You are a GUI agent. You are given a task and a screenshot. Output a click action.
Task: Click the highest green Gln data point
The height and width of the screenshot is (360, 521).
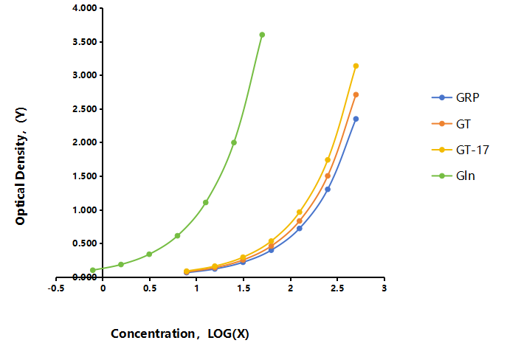262,35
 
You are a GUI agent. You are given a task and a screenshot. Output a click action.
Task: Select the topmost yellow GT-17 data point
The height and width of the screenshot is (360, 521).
356,66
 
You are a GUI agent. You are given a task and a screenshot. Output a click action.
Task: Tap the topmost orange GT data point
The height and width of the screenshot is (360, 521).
356,94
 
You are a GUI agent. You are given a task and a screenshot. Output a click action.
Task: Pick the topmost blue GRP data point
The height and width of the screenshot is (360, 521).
356,119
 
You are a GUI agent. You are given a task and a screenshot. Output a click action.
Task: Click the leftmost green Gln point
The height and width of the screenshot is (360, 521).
93,270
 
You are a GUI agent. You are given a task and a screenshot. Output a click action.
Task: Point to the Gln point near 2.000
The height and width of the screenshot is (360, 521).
234,142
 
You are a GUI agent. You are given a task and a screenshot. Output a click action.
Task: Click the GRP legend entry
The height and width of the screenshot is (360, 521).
455,97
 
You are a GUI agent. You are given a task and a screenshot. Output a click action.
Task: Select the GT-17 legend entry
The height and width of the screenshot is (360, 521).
460,150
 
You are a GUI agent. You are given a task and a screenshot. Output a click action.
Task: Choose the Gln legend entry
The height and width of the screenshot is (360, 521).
453,176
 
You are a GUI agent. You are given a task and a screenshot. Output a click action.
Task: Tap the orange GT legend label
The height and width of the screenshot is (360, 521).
463,124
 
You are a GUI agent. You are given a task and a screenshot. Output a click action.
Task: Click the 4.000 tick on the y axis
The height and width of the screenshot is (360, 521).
84,8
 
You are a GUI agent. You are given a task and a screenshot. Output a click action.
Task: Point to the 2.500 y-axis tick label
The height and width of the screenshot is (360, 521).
84,109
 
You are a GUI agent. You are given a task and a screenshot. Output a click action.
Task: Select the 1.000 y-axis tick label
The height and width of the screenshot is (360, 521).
84,210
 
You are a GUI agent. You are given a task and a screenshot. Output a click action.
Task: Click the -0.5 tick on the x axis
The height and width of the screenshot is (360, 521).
56,288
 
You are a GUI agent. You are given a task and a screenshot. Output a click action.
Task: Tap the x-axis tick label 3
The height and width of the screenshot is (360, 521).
384,288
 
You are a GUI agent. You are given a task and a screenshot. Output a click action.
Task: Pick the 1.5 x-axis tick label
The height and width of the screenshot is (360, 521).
244,288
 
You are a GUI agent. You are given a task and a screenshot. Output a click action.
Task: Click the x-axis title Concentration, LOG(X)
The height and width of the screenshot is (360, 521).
180,333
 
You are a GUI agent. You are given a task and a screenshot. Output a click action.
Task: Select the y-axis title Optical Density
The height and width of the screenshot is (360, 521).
21,166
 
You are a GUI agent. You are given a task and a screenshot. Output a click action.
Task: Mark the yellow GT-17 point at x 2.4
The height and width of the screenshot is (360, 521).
328,160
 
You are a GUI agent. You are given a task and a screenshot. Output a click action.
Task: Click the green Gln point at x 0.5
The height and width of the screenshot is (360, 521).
149,254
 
